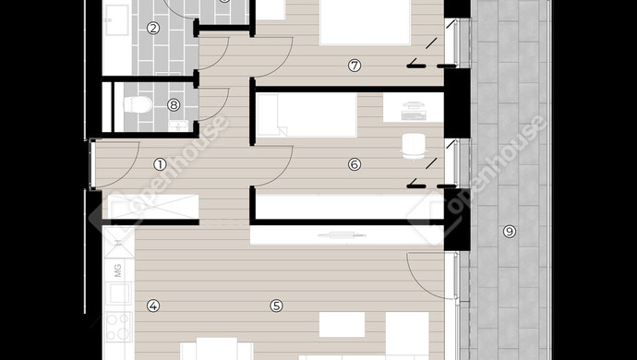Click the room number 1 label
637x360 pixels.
pos(160,164)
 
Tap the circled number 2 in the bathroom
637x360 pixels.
pos(153,28)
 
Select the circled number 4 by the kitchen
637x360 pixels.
pos(153,306)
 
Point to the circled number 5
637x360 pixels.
pos(276,306)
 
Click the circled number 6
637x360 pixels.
pos(355,164)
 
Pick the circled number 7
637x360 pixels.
pos(355,66)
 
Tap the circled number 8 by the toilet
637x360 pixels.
pos(174,105)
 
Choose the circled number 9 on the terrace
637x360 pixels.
pos(509,232)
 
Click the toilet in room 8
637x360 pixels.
pos(138,105)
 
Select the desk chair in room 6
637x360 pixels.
pos(414,147)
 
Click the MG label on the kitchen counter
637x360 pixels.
pos(118,270)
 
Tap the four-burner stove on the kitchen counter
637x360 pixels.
pos(118,327)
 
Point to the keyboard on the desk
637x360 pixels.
pos(414,115)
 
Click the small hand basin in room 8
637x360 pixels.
pos(178,126)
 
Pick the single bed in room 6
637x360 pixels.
pos(306,115)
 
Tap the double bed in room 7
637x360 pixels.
pos(366,22)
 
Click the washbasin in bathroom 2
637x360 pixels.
pos(117,19)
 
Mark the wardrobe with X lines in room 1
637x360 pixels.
pos(153,207)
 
